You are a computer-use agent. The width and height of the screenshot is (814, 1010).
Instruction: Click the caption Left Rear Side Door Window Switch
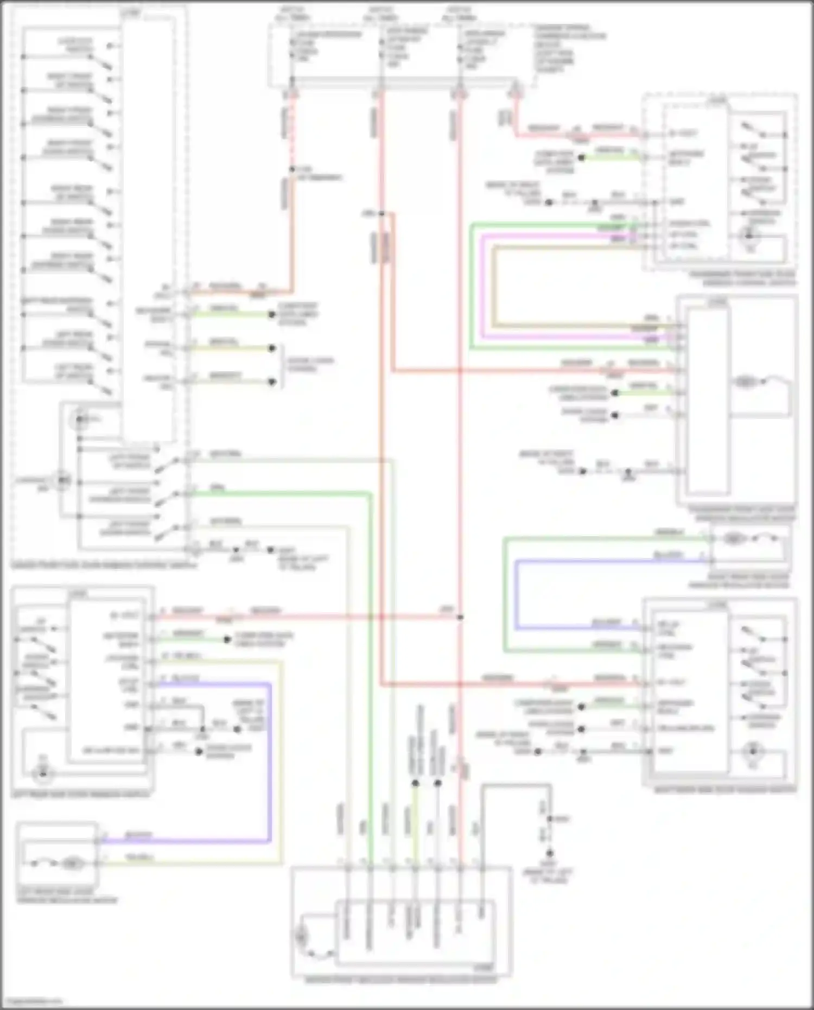tap(80, 795)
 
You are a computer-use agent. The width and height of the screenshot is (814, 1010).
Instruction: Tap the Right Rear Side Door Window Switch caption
tap(725, 790)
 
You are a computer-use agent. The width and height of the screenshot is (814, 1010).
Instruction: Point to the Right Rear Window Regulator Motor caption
tap(739, 581)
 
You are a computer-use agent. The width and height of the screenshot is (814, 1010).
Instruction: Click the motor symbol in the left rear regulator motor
tap(71, 863)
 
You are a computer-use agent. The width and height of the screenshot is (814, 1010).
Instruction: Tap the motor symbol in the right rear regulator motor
tap(733, 539)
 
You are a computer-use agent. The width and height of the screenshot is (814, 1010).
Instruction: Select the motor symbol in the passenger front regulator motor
tap(745, 383)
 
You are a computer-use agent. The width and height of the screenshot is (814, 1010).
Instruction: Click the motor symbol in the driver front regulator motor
tap(300, 937)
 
